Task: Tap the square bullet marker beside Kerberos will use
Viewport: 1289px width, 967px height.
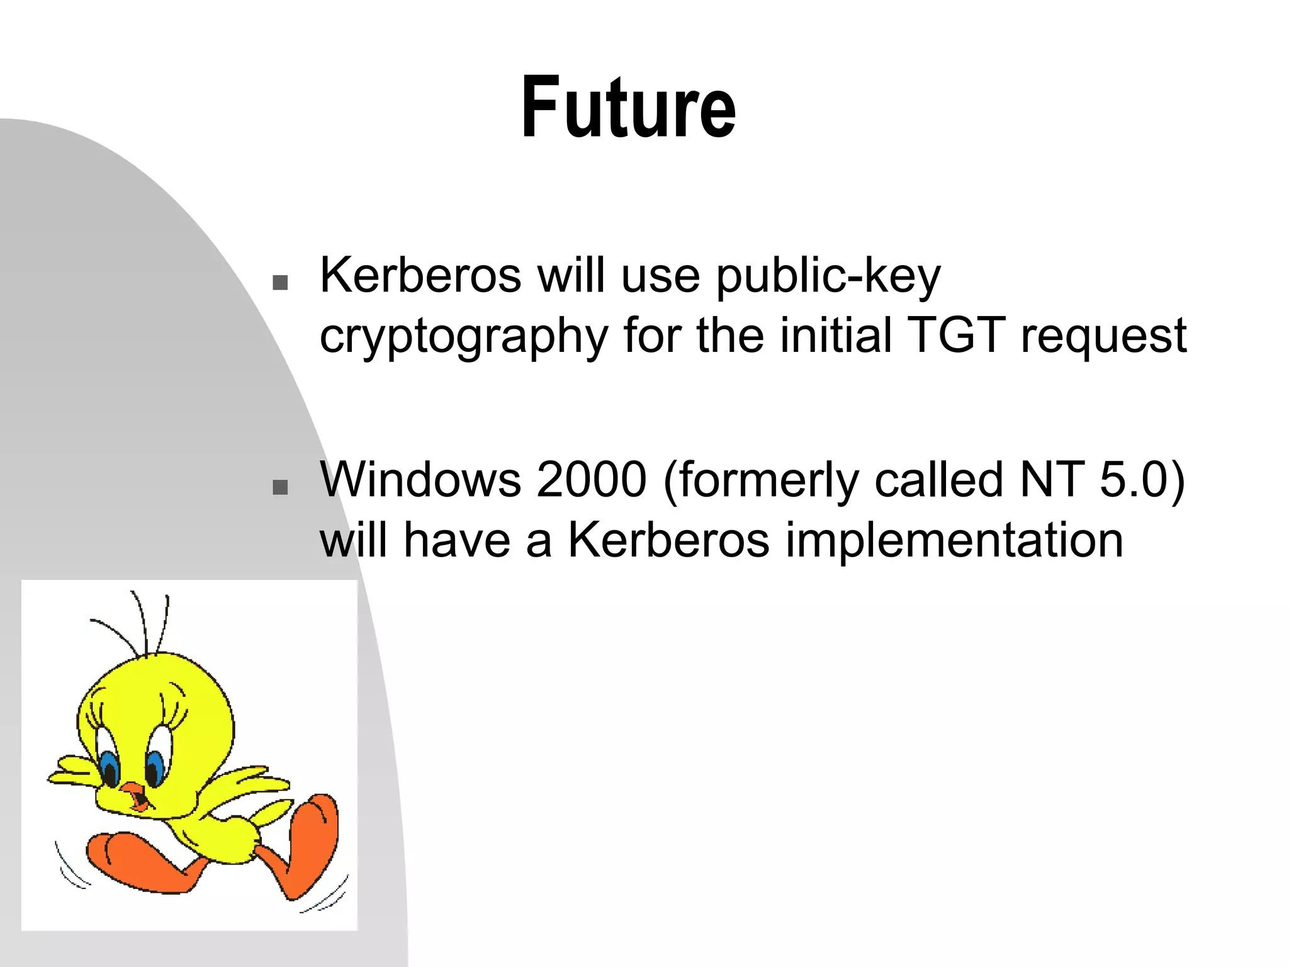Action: coord(280,283)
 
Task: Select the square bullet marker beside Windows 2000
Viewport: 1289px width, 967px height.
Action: coord(280,487)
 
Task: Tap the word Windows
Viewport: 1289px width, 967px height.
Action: coord(420,480)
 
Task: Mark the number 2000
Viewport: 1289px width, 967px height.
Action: coord(592,480)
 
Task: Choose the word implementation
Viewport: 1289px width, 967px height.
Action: coord(954,541)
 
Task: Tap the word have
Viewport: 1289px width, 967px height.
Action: coord(457,540)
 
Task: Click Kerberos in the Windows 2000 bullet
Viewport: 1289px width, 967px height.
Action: coord(668,540)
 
